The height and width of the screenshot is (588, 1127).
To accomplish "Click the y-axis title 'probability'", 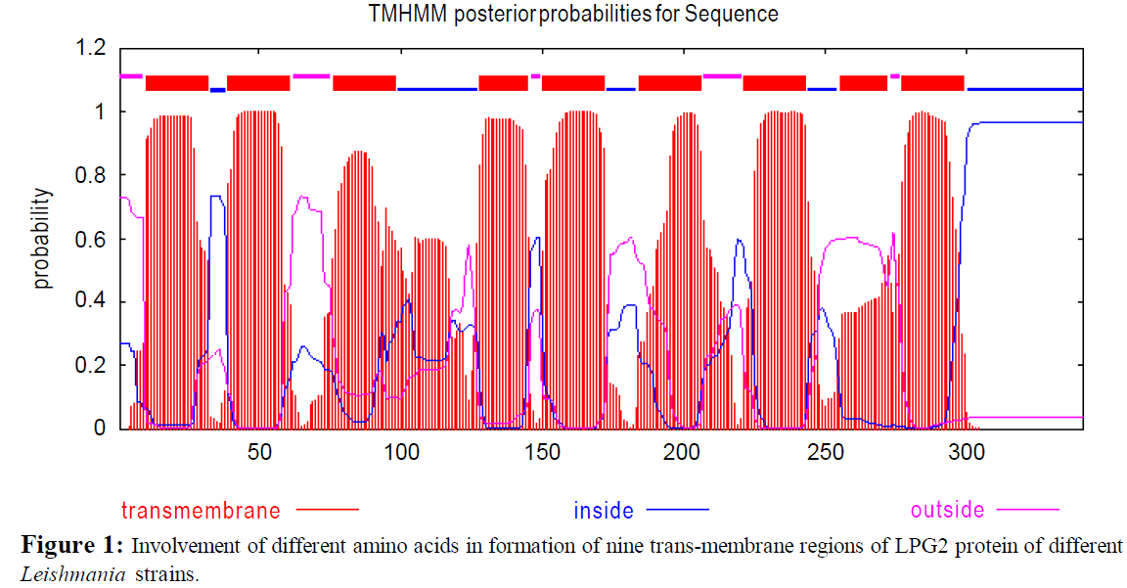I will tap(41, 239).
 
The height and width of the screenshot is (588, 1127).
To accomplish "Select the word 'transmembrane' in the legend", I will tap(201, 511).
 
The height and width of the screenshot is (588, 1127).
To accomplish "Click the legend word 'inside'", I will tap(603, 511).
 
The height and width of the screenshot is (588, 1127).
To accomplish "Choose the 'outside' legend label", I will tap(947, 511).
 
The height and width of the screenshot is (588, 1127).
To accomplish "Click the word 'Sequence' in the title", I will tap(741, 14).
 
